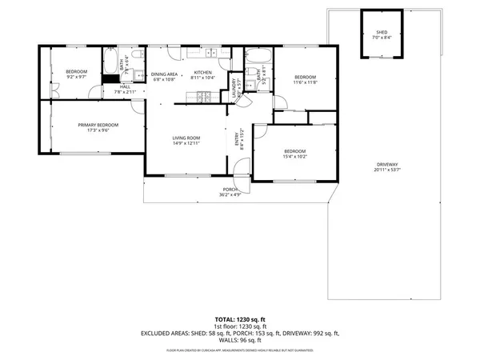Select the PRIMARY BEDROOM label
tap(98, 125)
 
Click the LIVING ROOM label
tap(186, 138)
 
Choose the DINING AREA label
tap(164, 73)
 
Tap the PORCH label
tap(230, 190)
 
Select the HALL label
tap(126, 86)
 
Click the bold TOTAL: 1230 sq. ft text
tap(240, 318)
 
